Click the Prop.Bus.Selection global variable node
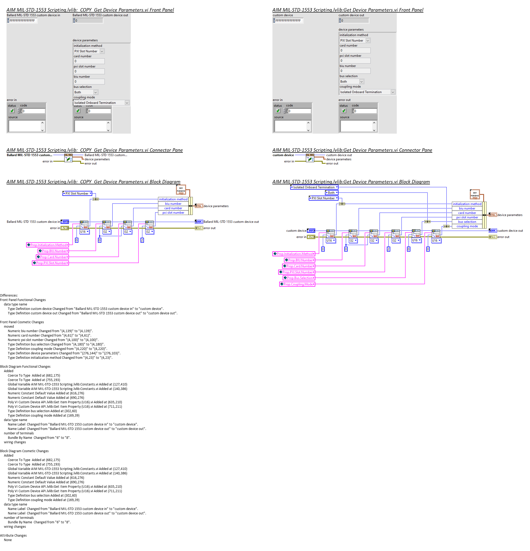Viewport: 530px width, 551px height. pos(299,278)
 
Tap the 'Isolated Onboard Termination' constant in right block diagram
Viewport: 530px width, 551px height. pos(314,187)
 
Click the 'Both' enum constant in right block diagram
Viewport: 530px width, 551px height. pos(331,193)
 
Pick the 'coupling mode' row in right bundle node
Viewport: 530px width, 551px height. pos(467,226)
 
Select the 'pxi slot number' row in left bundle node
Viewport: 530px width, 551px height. pos(173,213)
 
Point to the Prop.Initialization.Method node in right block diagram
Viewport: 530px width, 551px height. pos(294,254)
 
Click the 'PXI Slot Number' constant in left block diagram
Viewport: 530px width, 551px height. pos(77,194)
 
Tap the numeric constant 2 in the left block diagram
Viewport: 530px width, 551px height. pos(142,240)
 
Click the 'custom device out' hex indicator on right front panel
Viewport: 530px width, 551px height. pos(354,20)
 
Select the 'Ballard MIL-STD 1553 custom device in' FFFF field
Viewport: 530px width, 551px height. pos(22,20)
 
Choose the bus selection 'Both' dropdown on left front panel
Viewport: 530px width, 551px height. pos(86,92)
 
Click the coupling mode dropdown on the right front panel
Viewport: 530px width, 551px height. pos(367,92)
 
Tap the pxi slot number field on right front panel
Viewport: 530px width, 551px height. pos(355,61)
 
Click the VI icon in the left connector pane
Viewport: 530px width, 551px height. pos(68,158)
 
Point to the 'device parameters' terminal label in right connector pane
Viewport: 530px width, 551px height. pos(339,160)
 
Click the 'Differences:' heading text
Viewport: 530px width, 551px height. pos(9,296)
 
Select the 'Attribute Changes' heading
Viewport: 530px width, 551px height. pos(14,536)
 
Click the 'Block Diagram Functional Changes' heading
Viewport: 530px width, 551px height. pos(25,367)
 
